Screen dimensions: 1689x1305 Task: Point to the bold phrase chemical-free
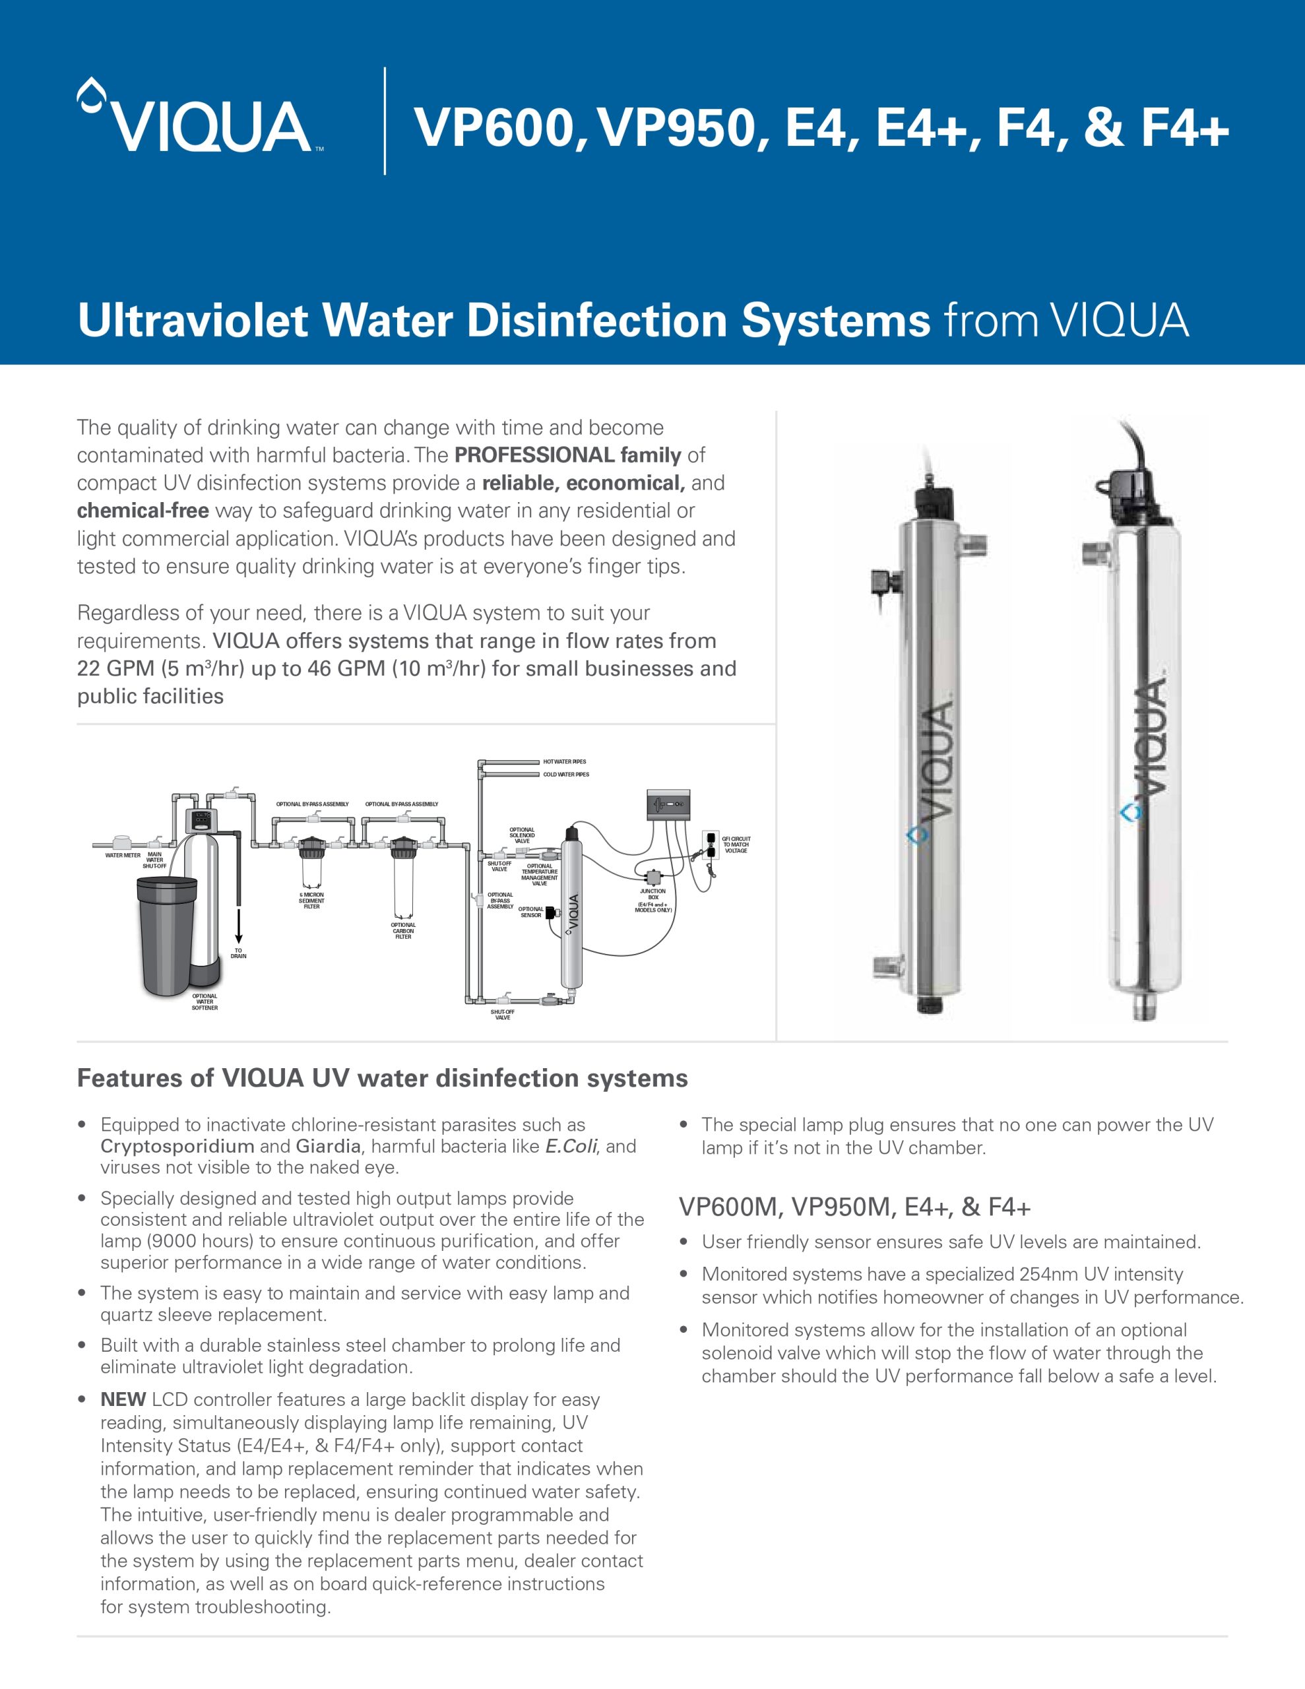[x=143, y=511]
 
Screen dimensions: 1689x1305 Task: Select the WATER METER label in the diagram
[x=123, y=855]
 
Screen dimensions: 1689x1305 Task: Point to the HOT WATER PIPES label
[x=564, y=762]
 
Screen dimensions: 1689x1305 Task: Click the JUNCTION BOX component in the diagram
[x=654, y=877]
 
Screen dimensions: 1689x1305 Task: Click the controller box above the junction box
[x=668, y=804]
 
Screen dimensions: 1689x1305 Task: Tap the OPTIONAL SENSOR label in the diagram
[x=530, y=912]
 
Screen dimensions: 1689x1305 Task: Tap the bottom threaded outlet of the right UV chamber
[x=1144, y=1007]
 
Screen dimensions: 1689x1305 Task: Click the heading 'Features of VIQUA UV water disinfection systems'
[x=382, y=1078]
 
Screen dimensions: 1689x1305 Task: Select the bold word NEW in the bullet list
[x=123, y=1400]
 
